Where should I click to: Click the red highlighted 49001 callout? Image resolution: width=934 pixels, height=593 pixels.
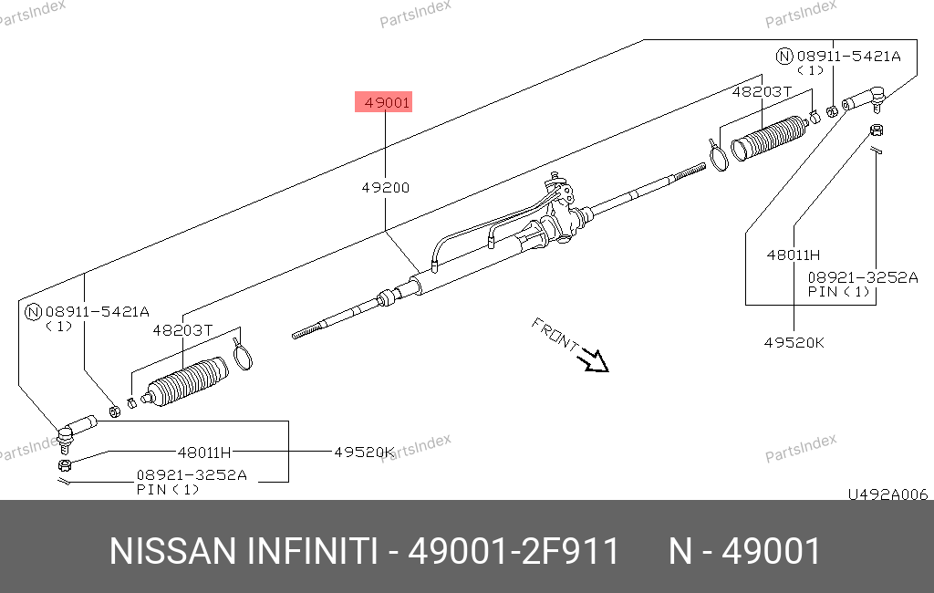(x=384, y=102)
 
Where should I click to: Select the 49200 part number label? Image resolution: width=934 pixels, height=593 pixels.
(x=386, y=188)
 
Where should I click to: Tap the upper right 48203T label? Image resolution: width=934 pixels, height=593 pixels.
(x=762, y=92)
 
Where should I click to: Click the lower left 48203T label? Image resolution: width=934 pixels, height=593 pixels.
(x=182, y=330)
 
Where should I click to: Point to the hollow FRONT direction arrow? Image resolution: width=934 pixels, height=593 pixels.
(x=595, y=359)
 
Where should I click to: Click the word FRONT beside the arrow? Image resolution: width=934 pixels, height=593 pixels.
(x=555, y=334)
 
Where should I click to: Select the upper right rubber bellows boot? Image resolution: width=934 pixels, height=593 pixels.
(x=769, y=138)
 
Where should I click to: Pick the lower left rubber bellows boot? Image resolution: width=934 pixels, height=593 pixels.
(x=184, y=381)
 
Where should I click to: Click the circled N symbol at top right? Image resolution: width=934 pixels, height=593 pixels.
(x=784, y=57)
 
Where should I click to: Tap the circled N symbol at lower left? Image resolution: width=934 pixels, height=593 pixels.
(x=34, y=312)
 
